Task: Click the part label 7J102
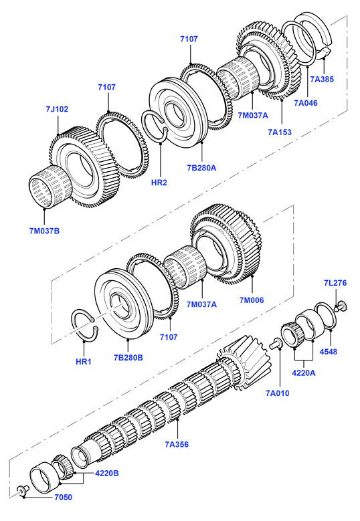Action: point(57,109)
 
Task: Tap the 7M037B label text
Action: point(44,231)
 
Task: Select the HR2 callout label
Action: point(159,183)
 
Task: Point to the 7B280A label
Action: point(201,168)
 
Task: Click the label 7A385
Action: point(322,79)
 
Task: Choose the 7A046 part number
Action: point(306,103)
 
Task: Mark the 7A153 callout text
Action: point(280,132)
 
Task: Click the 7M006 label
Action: point(252,300)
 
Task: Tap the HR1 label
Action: point(84,362)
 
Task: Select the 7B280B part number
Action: point(128,358)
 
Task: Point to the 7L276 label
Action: point(335,283)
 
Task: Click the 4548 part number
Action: point(329,352)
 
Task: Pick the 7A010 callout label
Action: point(278,393)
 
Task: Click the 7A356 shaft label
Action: point(177,444)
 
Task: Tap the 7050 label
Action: point(63,497)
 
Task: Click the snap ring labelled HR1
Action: point(86,326)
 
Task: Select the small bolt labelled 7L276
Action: point(341,306)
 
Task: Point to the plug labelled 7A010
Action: point(276,344)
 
